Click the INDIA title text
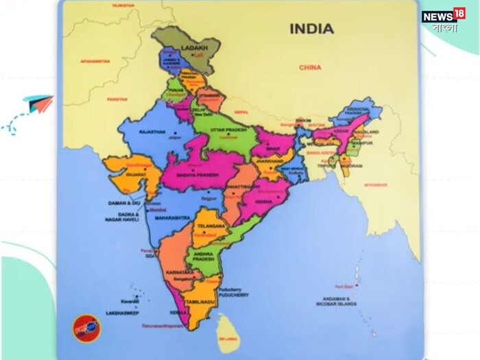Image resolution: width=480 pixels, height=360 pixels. click(311, 29)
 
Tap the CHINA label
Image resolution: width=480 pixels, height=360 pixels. click(310, 67)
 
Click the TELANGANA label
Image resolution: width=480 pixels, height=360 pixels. click(210, 226)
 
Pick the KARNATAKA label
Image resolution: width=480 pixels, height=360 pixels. click(180, 272)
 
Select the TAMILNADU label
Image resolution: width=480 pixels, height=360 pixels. click(202, 302)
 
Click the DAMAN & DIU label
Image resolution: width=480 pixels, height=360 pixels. click(123, 204)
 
